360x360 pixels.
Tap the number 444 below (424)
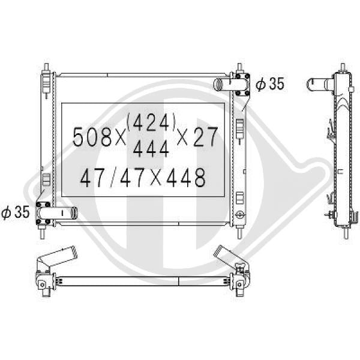[x=151, y=149]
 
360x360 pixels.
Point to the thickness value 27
[x=205, y=137]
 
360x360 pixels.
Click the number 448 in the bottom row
[x=186, y=177]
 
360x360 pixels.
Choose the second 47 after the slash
[x=133, y=177]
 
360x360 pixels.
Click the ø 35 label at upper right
[x=270, y=84]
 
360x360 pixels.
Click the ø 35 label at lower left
[x=16, y=212]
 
